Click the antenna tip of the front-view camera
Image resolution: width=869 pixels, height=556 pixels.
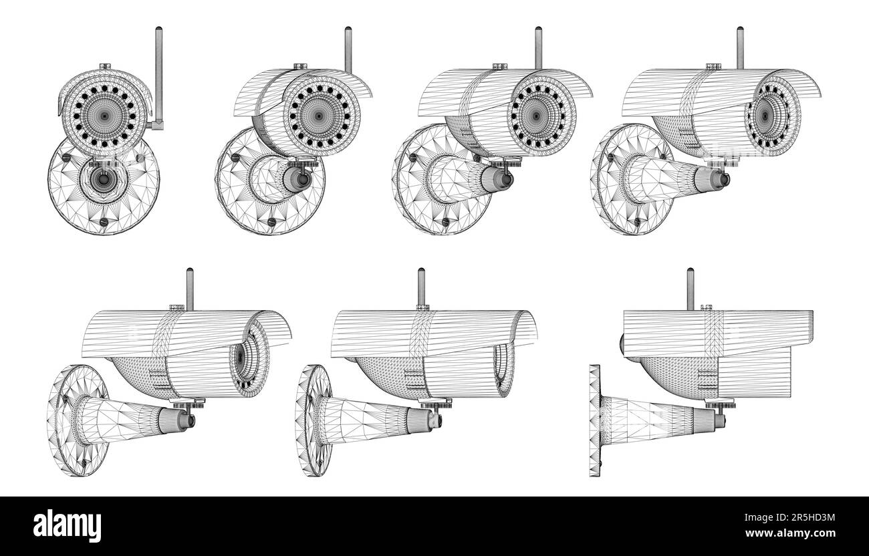click(x=158, y=30)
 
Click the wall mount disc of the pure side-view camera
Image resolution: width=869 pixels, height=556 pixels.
click(x=594, y=420)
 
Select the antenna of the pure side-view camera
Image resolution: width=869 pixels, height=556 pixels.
click(x=690, y=287)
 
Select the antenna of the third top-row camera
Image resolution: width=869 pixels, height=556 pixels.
click(x=538, y=47)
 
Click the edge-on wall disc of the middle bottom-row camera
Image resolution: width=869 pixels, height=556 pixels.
click(x=313, y=420)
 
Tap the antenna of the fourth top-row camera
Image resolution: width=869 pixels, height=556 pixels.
click(x=739, y=47)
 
